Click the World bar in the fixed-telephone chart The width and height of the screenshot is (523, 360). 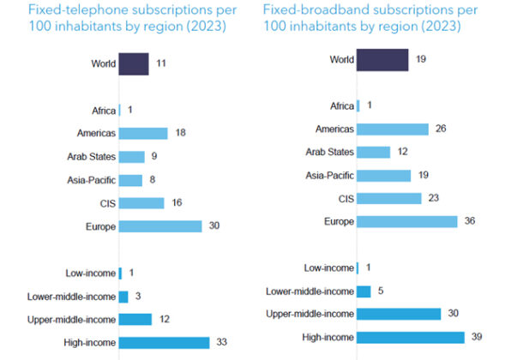pos(134,64)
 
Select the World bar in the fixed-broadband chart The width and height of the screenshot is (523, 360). pos(382,61)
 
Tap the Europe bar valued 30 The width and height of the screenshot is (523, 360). pos(160,226)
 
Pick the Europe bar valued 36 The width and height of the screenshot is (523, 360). pos(407,222)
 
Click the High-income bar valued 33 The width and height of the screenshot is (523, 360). pos(165,343)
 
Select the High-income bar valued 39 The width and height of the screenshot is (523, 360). pos(411,338)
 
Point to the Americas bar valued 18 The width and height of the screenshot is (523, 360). pos(143,134)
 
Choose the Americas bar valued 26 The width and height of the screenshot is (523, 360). pos(393,129)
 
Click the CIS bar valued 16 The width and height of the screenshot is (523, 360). pos(141,203)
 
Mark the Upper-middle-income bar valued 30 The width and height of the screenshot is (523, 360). pos(399,315)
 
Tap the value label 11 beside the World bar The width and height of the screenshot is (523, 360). pos(161,64)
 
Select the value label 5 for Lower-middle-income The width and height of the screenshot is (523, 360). pos(381,291)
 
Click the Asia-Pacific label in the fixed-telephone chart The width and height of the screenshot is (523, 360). pos(88,180)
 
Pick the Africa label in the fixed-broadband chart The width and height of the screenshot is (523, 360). pos(342,106)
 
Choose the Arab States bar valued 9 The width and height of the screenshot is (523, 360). pos(132,157)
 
